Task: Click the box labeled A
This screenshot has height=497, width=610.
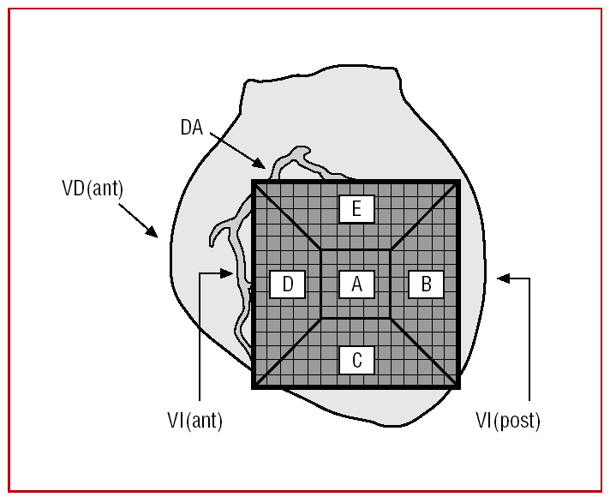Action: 356,284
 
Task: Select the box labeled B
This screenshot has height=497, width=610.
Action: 425,284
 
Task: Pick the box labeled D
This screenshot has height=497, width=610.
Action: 288,284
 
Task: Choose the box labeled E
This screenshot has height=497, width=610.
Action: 356,209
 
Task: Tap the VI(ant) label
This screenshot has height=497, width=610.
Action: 194,421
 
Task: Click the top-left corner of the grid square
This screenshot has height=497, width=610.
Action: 254,182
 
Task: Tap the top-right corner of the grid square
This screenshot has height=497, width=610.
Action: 458,182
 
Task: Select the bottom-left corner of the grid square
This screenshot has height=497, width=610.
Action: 254,387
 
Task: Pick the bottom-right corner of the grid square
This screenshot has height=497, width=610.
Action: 458,387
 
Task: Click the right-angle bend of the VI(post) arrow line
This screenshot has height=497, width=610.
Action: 529,278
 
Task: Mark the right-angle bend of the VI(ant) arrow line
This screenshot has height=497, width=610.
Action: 199,273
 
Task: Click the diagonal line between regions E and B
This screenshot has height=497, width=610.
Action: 425,216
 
